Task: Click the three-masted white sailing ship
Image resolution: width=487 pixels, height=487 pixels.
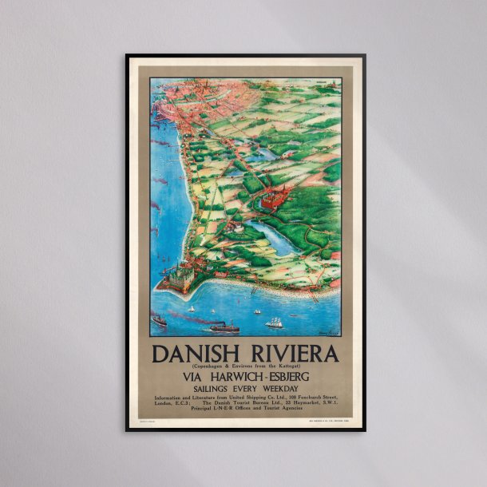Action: pyautogui.click(x=275, y=323)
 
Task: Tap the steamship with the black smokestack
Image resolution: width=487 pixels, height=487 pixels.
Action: pyautogui.click(x=224, y=326)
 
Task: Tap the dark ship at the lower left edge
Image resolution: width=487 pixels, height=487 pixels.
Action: pyautogui.click(x=158, y=320)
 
